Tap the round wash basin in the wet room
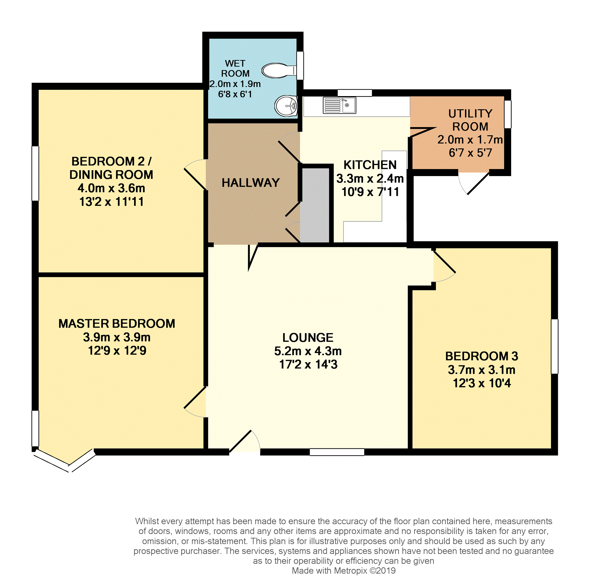[x=286, y=106]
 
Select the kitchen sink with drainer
[x=339, y=105]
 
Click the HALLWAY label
[x=251, y=183]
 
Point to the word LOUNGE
[x=308, y=338]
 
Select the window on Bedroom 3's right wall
[x=554, y=346]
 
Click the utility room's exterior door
[x=474, y=183]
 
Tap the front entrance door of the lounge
[x=245, y=441]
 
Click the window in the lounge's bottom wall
[x=337, y=452]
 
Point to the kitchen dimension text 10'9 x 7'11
[x=370, y=192]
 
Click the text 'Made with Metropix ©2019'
[x=343, y=570]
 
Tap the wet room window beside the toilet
[x=300, y=65]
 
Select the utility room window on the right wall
[x=508, y=114]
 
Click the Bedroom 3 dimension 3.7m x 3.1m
[x=482, y=370]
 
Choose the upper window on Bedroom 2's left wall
[x=35, y=173]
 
